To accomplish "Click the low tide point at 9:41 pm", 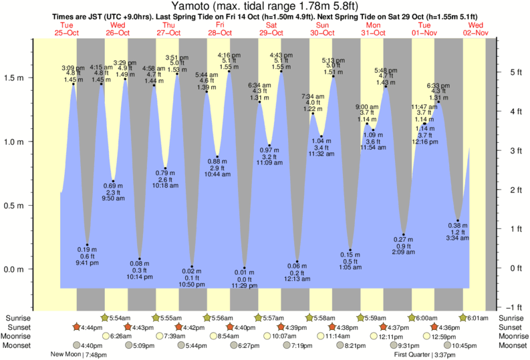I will click(87, 245).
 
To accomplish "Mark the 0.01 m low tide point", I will click(245, 268).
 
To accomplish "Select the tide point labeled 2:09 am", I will click(404, 234).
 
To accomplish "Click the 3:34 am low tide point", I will click(458, 220).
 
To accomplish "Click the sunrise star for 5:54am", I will click(104, 317).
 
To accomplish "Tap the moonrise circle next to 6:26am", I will click(106, 337).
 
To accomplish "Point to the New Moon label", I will click(67, 355).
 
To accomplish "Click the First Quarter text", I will click(410, 355).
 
